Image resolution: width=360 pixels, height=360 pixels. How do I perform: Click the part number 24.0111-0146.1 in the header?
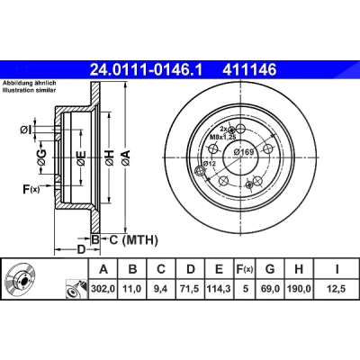tap(147, 70)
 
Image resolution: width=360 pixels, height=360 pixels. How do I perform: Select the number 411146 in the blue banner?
tap(249, 70)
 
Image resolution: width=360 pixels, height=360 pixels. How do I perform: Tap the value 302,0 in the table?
tap(103, 289)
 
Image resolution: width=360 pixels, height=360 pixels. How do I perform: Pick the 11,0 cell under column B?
tap(132, 289)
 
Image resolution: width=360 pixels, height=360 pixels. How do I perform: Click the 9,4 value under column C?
tap(161, 289)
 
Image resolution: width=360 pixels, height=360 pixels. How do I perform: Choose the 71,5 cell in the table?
tap(190, 289)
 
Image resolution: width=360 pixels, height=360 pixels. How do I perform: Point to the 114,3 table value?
tap(220, 289)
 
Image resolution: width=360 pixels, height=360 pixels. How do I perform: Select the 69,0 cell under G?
tap(270, 289)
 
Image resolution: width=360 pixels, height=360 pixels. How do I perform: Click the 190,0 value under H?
tap(299, 289)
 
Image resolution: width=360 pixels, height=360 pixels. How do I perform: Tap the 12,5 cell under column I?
tap(337, 289)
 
